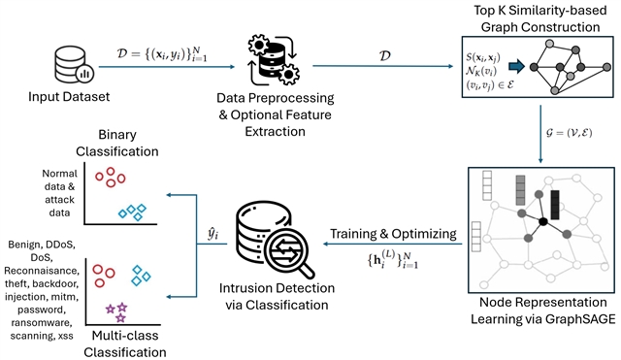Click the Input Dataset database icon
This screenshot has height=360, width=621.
pyautogui.click(x=74, y=65)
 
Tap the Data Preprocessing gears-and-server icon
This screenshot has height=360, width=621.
pyautogui.click(x=274, y=59)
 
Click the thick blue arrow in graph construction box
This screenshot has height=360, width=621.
pyautogui.click(x=516, y=66)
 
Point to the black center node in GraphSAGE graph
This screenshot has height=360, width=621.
pyautogui.click(x=543, y=222)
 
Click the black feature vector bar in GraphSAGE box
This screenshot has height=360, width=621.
pyautogui.click(x=555, y=205)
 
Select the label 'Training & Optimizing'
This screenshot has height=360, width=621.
pyautogui.click(x=393, y=234)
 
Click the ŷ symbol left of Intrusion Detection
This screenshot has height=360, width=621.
pyautogui.click(x=213, y=234)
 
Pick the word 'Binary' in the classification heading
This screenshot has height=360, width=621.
pyautogui.click(x=117, y=135)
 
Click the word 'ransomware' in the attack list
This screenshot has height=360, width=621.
pyautogui.click(x=42, y=323)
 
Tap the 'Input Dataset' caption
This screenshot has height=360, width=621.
pyautogui.click(x=69, y=97)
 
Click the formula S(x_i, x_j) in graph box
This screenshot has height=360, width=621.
pyautogui.click(x=483, y=58)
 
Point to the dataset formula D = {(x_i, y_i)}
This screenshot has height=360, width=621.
pyautogui.click(x=162, y=53)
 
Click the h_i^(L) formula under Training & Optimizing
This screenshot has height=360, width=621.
pyautogui.click(x=393, y=259)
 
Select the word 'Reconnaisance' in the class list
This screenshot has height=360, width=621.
pyautogui.click(x=42, y=271)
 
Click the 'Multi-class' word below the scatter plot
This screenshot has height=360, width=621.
pyautogui.click(x=125, y=336)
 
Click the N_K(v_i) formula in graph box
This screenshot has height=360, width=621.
pyautogui.click(x=481, y=71)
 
